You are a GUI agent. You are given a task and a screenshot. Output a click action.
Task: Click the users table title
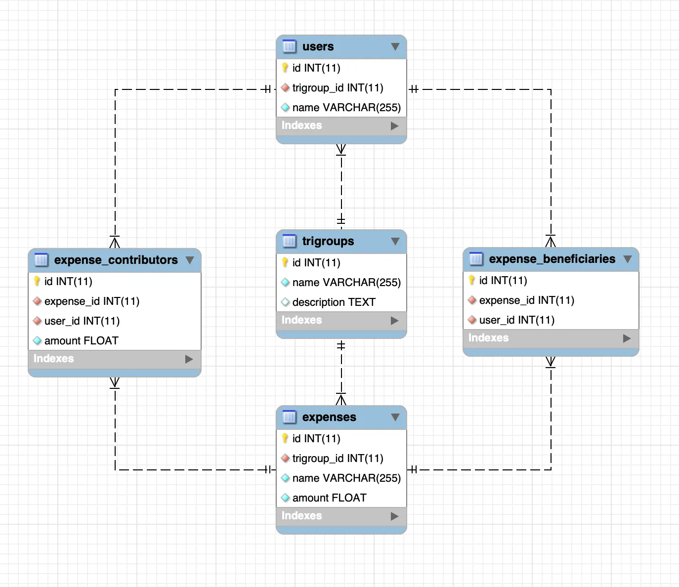318,46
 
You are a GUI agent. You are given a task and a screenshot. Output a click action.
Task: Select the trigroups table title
328,241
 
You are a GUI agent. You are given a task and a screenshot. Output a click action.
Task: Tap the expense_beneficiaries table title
552,259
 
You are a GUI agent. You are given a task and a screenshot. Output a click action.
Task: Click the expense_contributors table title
116,260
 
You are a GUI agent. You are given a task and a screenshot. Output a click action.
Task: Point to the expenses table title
329,417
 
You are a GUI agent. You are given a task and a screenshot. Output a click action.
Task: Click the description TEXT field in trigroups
334,302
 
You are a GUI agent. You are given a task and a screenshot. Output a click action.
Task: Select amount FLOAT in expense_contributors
81,340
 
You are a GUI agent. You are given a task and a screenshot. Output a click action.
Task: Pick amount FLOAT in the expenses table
329,498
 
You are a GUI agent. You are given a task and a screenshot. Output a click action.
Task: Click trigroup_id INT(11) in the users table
338,88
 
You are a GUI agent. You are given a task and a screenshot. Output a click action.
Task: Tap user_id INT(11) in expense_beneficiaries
516,320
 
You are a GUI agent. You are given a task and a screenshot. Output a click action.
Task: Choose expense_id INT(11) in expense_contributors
91,301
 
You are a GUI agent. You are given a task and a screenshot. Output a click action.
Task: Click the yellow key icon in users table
285,68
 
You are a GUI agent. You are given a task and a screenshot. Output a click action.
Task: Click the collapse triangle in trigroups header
395,241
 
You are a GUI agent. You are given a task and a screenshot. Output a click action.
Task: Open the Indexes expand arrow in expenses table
394,516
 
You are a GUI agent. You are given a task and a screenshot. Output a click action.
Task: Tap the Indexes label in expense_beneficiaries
488,338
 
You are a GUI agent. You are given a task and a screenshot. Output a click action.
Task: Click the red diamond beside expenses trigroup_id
285,458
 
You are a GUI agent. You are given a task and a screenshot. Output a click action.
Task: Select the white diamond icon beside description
285,302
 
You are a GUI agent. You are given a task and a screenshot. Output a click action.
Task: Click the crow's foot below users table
341,149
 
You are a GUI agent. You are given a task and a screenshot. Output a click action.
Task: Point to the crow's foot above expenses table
341,400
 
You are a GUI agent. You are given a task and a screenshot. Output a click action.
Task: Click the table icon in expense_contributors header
42,260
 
